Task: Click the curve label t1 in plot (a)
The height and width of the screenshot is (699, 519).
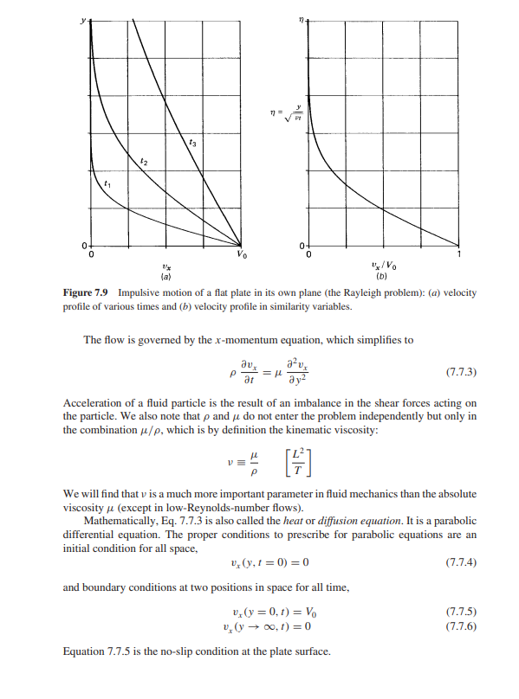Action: [x=107, y=184]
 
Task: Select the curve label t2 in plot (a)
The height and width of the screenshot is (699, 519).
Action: [x=144, y=161]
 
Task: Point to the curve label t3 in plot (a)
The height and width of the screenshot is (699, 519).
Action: [x=192, y=140]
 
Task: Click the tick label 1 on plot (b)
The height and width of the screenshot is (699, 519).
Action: [x=459, y=253]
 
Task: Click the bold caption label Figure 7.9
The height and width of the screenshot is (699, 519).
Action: [x=88, y=293]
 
